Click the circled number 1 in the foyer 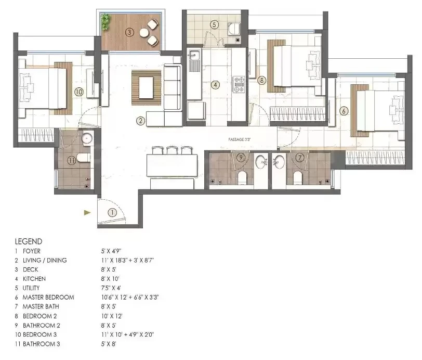point(112,213)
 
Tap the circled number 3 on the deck point(129,32)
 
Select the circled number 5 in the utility point(214,25)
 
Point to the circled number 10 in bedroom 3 point(79,92)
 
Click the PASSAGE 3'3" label point(240,139)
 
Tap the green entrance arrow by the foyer point(87,213)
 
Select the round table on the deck point(144,33)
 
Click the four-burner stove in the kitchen point(239,84)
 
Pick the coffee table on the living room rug point(146,88)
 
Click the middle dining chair point(172,150)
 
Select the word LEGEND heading point(29,241)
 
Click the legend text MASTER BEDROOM point(48,298)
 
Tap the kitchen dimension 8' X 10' point(110,279)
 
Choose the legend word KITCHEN point(34,279)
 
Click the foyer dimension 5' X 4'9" point(111,251)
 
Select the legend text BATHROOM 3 point(42,344)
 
